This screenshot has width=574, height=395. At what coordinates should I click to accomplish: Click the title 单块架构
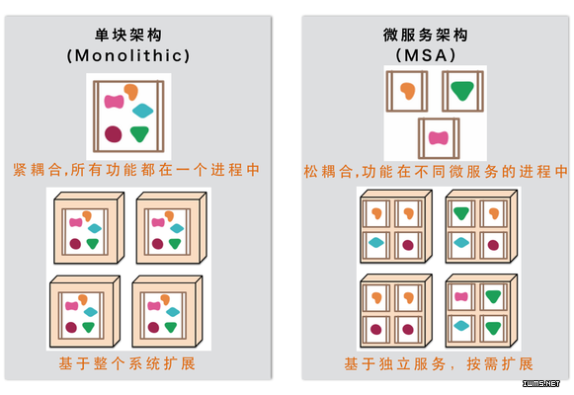click(x=128, y=36)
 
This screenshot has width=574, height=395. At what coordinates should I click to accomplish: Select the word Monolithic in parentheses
click(x=128, y=55)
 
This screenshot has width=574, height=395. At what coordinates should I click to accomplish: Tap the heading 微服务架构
click(x=426, y=36)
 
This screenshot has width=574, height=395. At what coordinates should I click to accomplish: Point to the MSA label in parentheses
click(x=426, y=55)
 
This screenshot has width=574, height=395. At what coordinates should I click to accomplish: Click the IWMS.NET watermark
click(x=541, y=383)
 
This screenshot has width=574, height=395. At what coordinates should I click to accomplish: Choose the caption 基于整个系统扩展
click(x=127, y=363)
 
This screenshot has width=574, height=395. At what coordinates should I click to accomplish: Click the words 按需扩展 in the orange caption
click(x=500, y=364)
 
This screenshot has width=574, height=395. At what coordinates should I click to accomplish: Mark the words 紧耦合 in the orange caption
click(x=37, y=170)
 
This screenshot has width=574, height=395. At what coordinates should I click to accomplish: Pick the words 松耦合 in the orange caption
click(x=328, y=172)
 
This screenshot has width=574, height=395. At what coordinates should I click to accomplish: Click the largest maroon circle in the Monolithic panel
click(x=113, y=134)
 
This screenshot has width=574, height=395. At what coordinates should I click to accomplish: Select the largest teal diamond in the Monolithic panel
click(x=143, y=111)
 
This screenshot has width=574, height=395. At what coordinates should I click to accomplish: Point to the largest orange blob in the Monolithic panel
click(x=131, y=92)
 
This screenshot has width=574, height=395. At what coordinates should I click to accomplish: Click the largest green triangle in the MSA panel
click(x=462, y=91)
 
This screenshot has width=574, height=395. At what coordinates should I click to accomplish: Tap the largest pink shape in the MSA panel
click(x=439, y=138)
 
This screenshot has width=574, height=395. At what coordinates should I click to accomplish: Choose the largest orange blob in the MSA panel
click(x=407, y=90)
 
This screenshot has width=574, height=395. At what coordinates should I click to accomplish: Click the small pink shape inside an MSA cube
click(x=461, y=296)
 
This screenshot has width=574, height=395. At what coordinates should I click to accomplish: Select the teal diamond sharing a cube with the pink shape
click(x=461, y=326)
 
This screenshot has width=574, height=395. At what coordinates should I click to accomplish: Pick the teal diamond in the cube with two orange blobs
click(x=376, y=243)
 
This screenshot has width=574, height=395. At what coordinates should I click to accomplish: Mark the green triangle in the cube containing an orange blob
click(x=461, y=213)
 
